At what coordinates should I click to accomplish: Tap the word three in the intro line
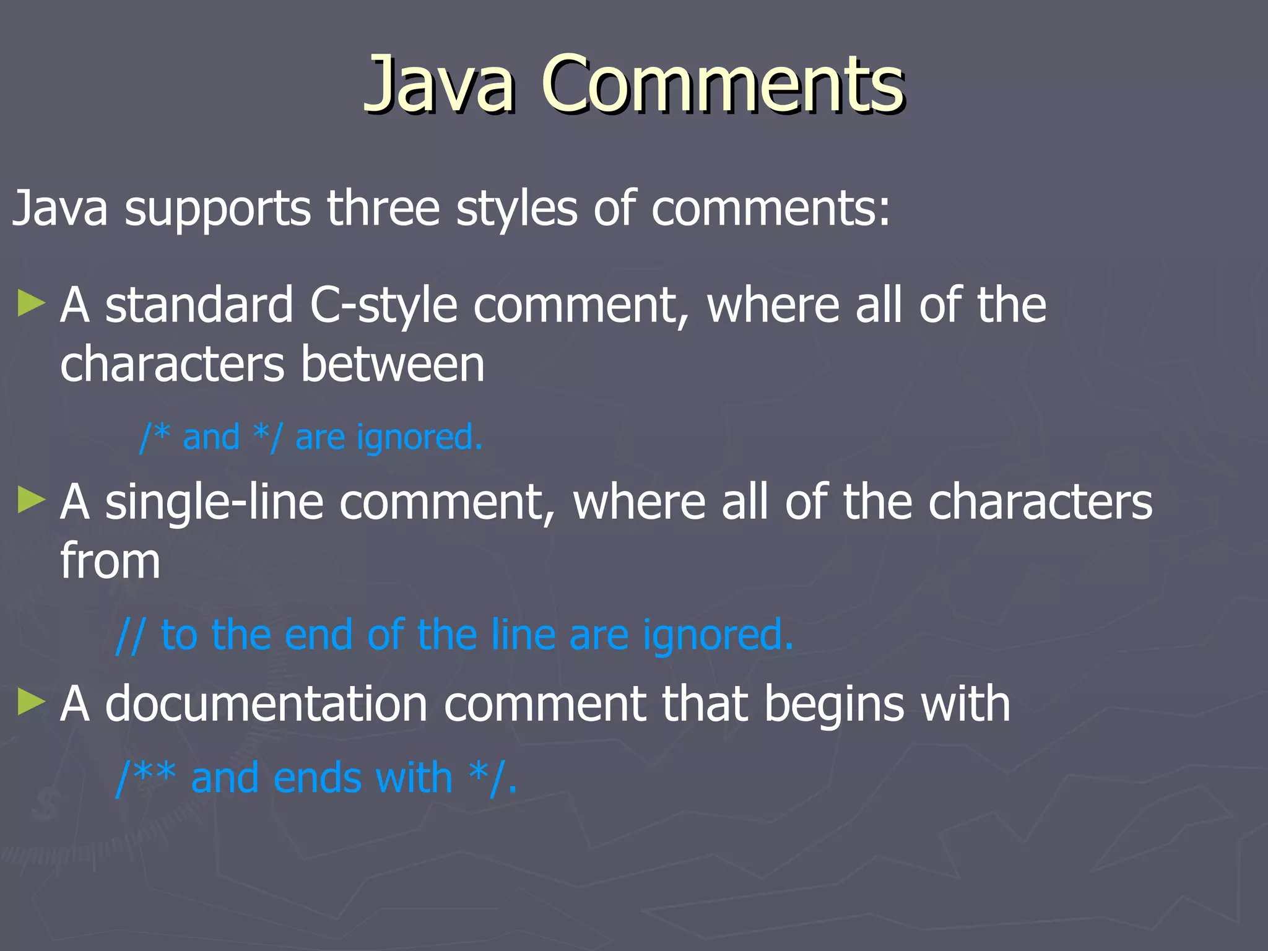tap(383, 208)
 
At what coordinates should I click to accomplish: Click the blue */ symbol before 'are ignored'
tap(267, 437)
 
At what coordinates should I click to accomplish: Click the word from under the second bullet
tap(110, 561)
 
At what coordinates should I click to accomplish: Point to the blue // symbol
tap(131, 635)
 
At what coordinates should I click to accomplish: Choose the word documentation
tap(266, 704)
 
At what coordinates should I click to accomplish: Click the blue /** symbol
tap(146, 778)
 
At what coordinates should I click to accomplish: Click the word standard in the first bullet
tap(199, 305)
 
